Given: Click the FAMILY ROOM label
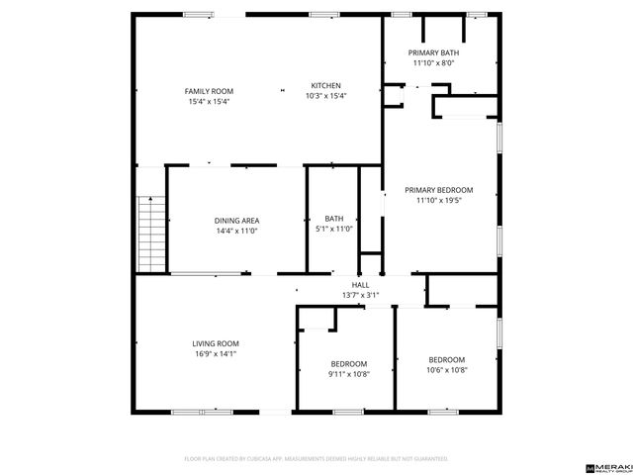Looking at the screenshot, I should click(201, 91).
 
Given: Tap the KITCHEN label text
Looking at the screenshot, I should click(327, 85).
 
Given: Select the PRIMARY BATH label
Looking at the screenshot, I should click(435, 52).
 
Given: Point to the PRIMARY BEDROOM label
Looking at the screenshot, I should click(439, 190).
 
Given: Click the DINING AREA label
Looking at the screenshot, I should click(236, 220).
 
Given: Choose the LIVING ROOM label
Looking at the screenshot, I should click(216, 343).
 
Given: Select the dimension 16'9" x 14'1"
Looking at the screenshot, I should click(216, 354).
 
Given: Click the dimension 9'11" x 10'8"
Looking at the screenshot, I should click(348, 374).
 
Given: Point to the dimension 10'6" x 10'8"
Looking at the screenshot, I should click(447, 370).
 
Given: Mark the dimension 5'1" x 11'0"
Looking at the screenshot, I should click(334, 230).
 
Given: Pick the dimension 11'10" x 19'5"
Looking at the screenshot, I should click(439, 201).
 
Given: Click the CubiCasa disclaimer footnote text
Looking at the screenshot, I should click(316, 459).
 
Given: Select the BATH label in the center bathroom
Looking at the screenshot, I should click(334, 219).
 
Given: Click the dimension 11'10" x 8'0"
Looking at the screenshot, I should click(435, 63).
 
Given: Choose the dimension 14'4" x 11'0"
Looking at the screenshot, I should click(236, 231).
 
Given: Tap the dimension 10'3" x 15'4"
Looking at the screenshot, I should click(327, 96).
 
